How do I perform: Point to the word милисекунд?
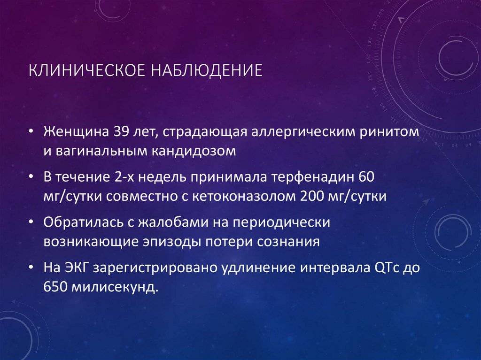pyautogui.click(x=114, y=287)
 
